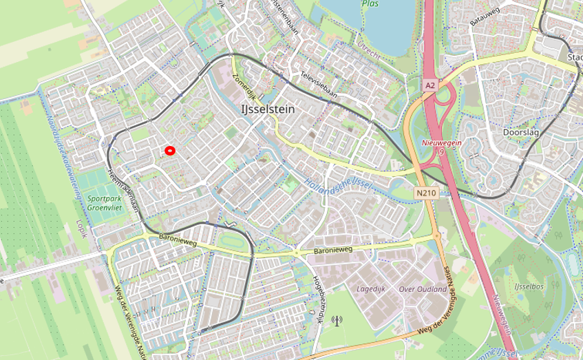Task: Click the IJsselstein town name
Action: pyautogui.click(x=268, y=109)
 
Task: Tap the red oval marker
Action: pyautogui.click(x=169, y=150)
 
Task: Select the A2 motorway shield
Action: pyautogui.click(x=430, y=85)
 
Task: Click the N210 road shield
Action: pyautogui.click(x=426, y=193)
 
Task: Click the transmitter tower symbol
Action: pyautogui.click(x=337, y=320)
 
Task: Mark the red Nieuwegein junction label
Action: pyautogui.click(x=440, y=147)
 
